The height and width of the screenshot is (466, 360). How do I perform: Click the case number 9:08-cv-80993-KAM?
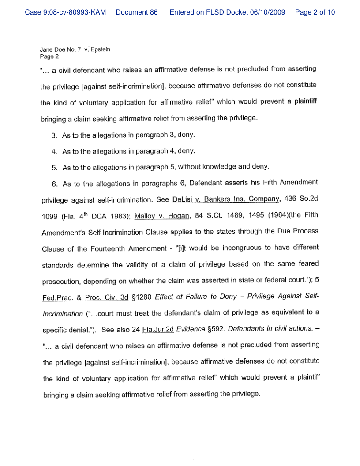65,12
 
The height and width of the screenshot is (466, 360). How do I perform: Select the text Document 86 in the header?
136,12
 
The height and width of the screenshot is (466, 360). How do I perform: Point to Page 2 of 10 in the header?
315,12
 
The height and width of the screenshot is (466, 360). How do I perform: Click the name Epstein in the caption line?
101,49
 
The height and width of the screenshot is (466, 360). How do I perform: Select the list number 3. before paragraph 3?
54,135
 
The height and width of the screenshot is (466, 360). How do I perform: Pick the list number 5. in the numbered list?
55,167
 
